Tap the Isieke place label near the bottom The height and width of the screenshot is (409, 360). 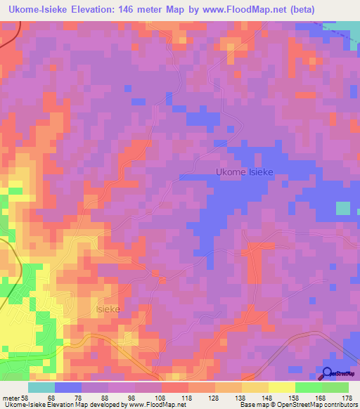108,309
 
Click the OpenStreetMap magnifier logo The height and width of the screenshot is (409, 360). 328,374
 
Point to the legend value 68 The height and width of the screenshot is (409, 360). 50,397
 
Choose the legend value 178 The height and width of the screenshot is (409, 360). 346,397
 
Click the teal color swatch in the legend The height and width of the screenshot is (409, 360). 41,387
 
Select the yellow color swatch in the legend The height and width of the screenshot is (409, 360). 281,387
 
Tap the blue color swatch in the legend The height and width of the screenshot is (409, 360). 67,387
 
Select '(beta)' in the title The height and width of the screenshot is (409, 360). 299,9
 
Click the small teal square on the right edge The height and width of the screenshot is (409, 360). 343,208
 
